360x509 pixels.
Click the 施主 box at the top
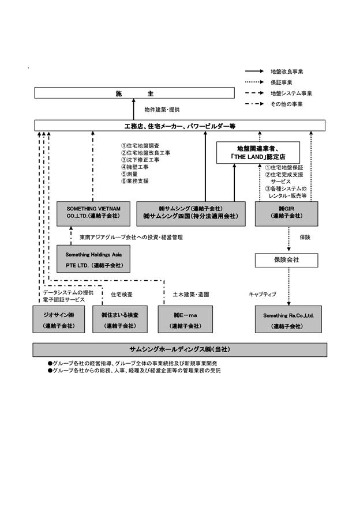pos(134,93)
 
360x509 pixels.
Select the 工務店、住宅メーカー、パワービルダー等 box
pos(179,126)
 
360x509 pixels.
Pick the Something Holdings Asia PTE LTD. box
pos(93,259)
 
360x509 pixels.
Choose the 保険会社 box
pos(287,260)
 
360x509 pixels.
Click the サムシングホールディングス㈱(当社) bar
pos(179,350)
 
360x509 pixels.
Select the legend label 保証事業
pos(281,82)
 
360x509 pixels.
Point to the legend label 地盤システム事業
pos(291,93)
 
